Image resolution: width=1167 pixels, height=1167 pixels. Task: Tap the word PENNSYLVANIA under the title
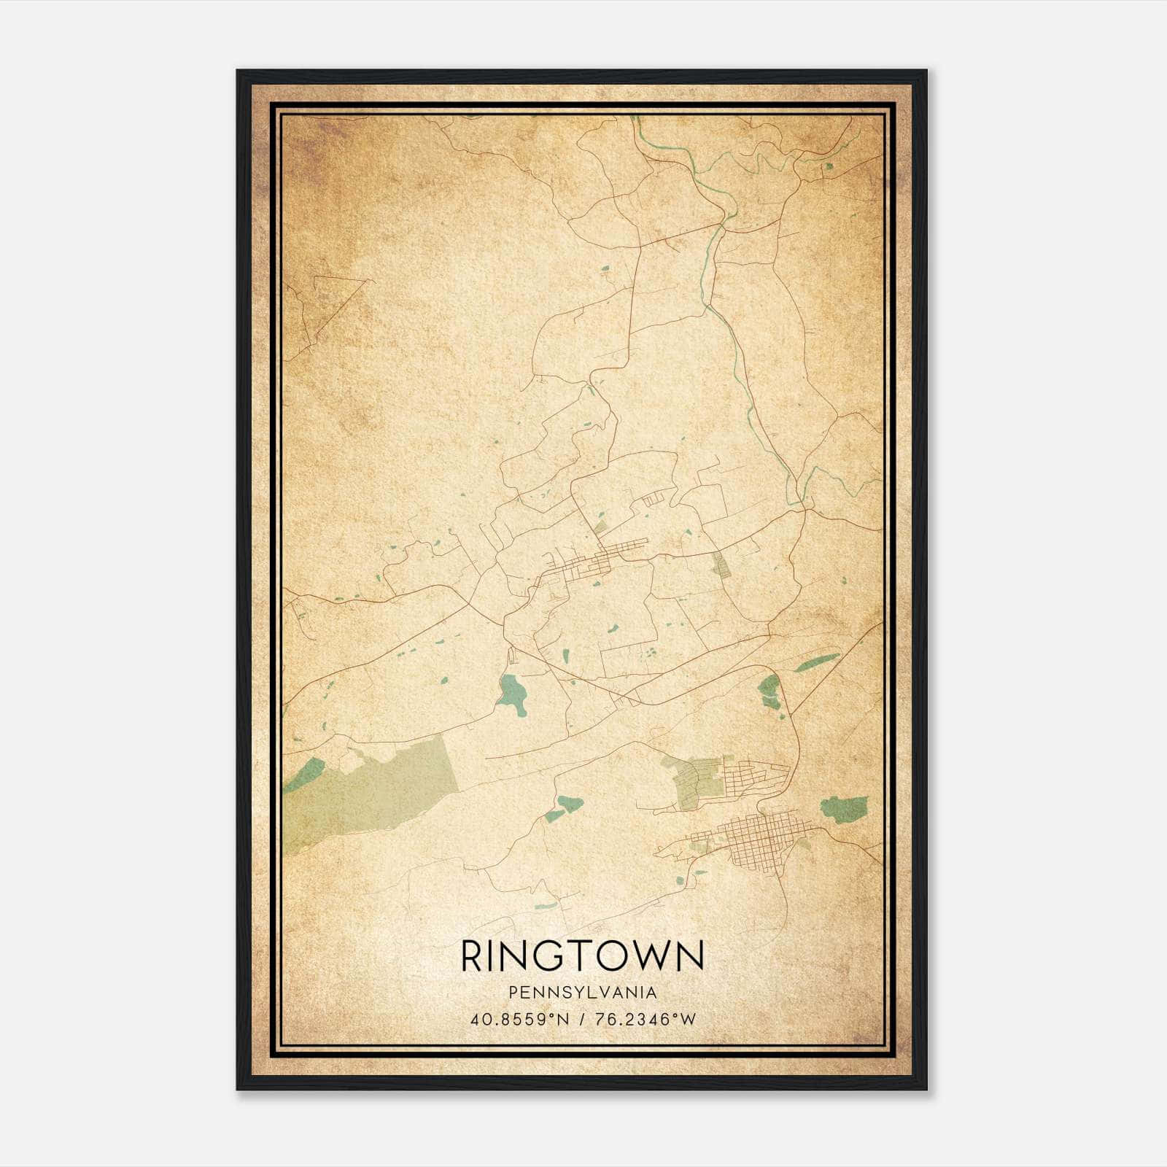click(583, 993)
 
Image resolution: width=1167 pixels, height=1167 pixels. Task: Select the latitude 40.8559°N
click(519, 1019)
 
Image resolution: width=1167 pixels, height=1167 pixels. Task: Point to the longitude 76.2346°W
click(646, 1019)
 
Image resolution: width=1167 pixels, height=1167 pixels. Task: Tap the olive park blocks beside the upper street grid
click(697, 780)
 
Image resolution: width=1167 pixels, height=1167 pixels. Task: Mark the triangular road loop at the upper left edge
click(321, 306)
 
